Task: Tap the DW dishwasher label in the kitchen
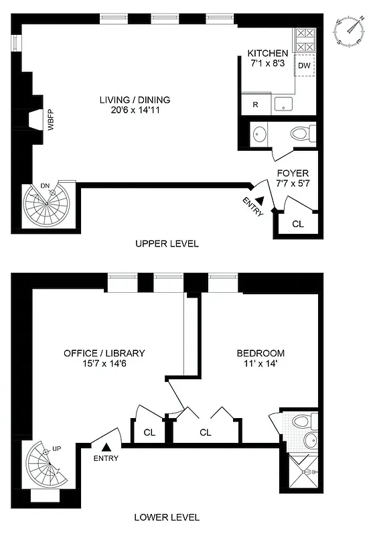[304, 66]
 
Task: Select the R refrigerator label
[255, 105]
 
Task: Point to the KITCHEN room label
[268, 54]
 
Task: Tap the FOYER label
[293, 174]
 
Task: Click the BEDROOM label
[260, 353]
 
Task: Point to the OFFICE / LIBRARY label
[104, 353]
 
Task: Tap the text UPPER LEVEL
[167, 244]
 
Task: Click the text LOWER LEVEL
[167, 517]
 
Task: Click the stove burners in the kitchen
[305, 41]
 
